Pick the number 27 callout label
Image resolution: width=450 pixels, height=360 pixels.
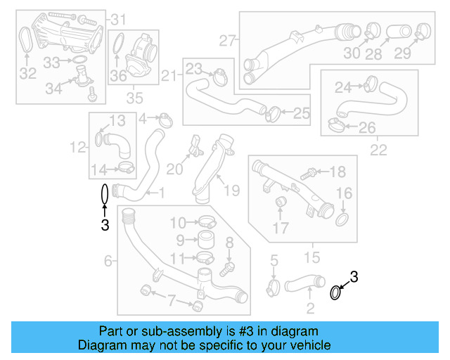(x=226, y=40)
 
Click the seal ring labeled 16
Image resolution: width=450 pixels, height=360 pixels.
(x=342, y=221)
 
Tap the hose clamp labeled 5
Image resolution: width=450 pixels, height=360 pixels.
(x=274, y=286)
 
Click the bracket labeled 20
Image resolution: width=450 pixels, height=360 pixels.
(x=195, y=146)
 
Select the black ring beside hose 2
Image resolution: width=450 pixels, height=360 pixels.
(x=336, y=292)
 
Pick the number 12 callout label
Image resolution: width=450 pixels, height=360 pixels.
(x=77, y=147)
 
